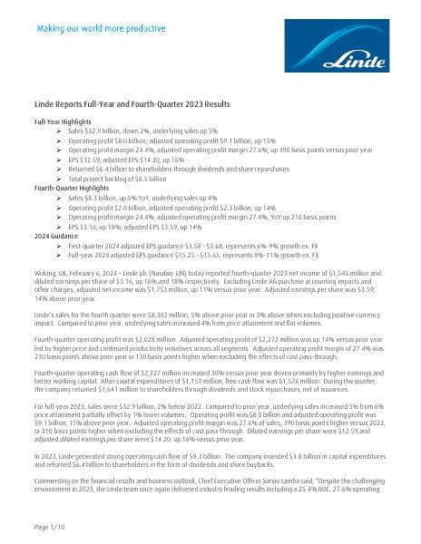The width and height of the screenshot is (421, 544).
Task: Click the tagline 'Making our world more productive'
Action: (x=99, y=28)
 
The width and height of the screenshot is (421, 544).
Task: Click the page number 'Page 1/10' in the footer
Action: (x=52, y=527)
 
